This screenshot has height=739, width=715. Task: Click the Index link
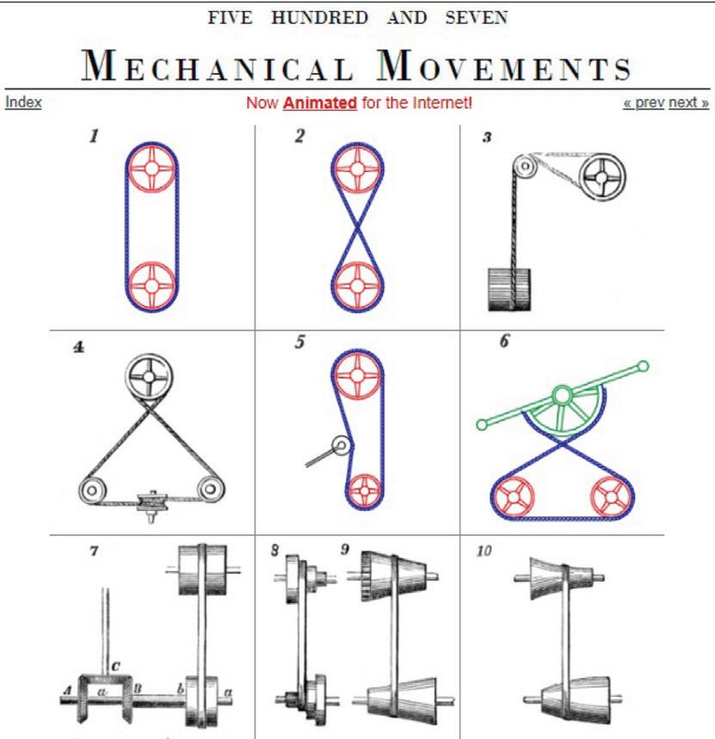tap(23, 102)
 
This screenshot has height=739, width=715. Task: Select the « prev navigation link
tap(644, 102)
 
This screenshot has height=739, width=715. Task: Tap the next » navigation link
tap(689, 102)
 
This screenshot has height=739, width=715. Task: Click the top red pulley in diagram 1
tap(151, 169)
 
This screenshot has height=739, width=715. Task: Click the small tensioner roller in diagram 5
tap(342, 446)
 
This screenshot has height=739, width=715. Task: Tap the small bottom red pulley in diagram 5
tap(366, 490)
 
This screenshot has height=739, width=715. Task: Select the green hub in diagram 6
tap(561, 396)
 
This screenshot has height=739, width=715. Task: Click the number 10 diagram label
tap(485, 551)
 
